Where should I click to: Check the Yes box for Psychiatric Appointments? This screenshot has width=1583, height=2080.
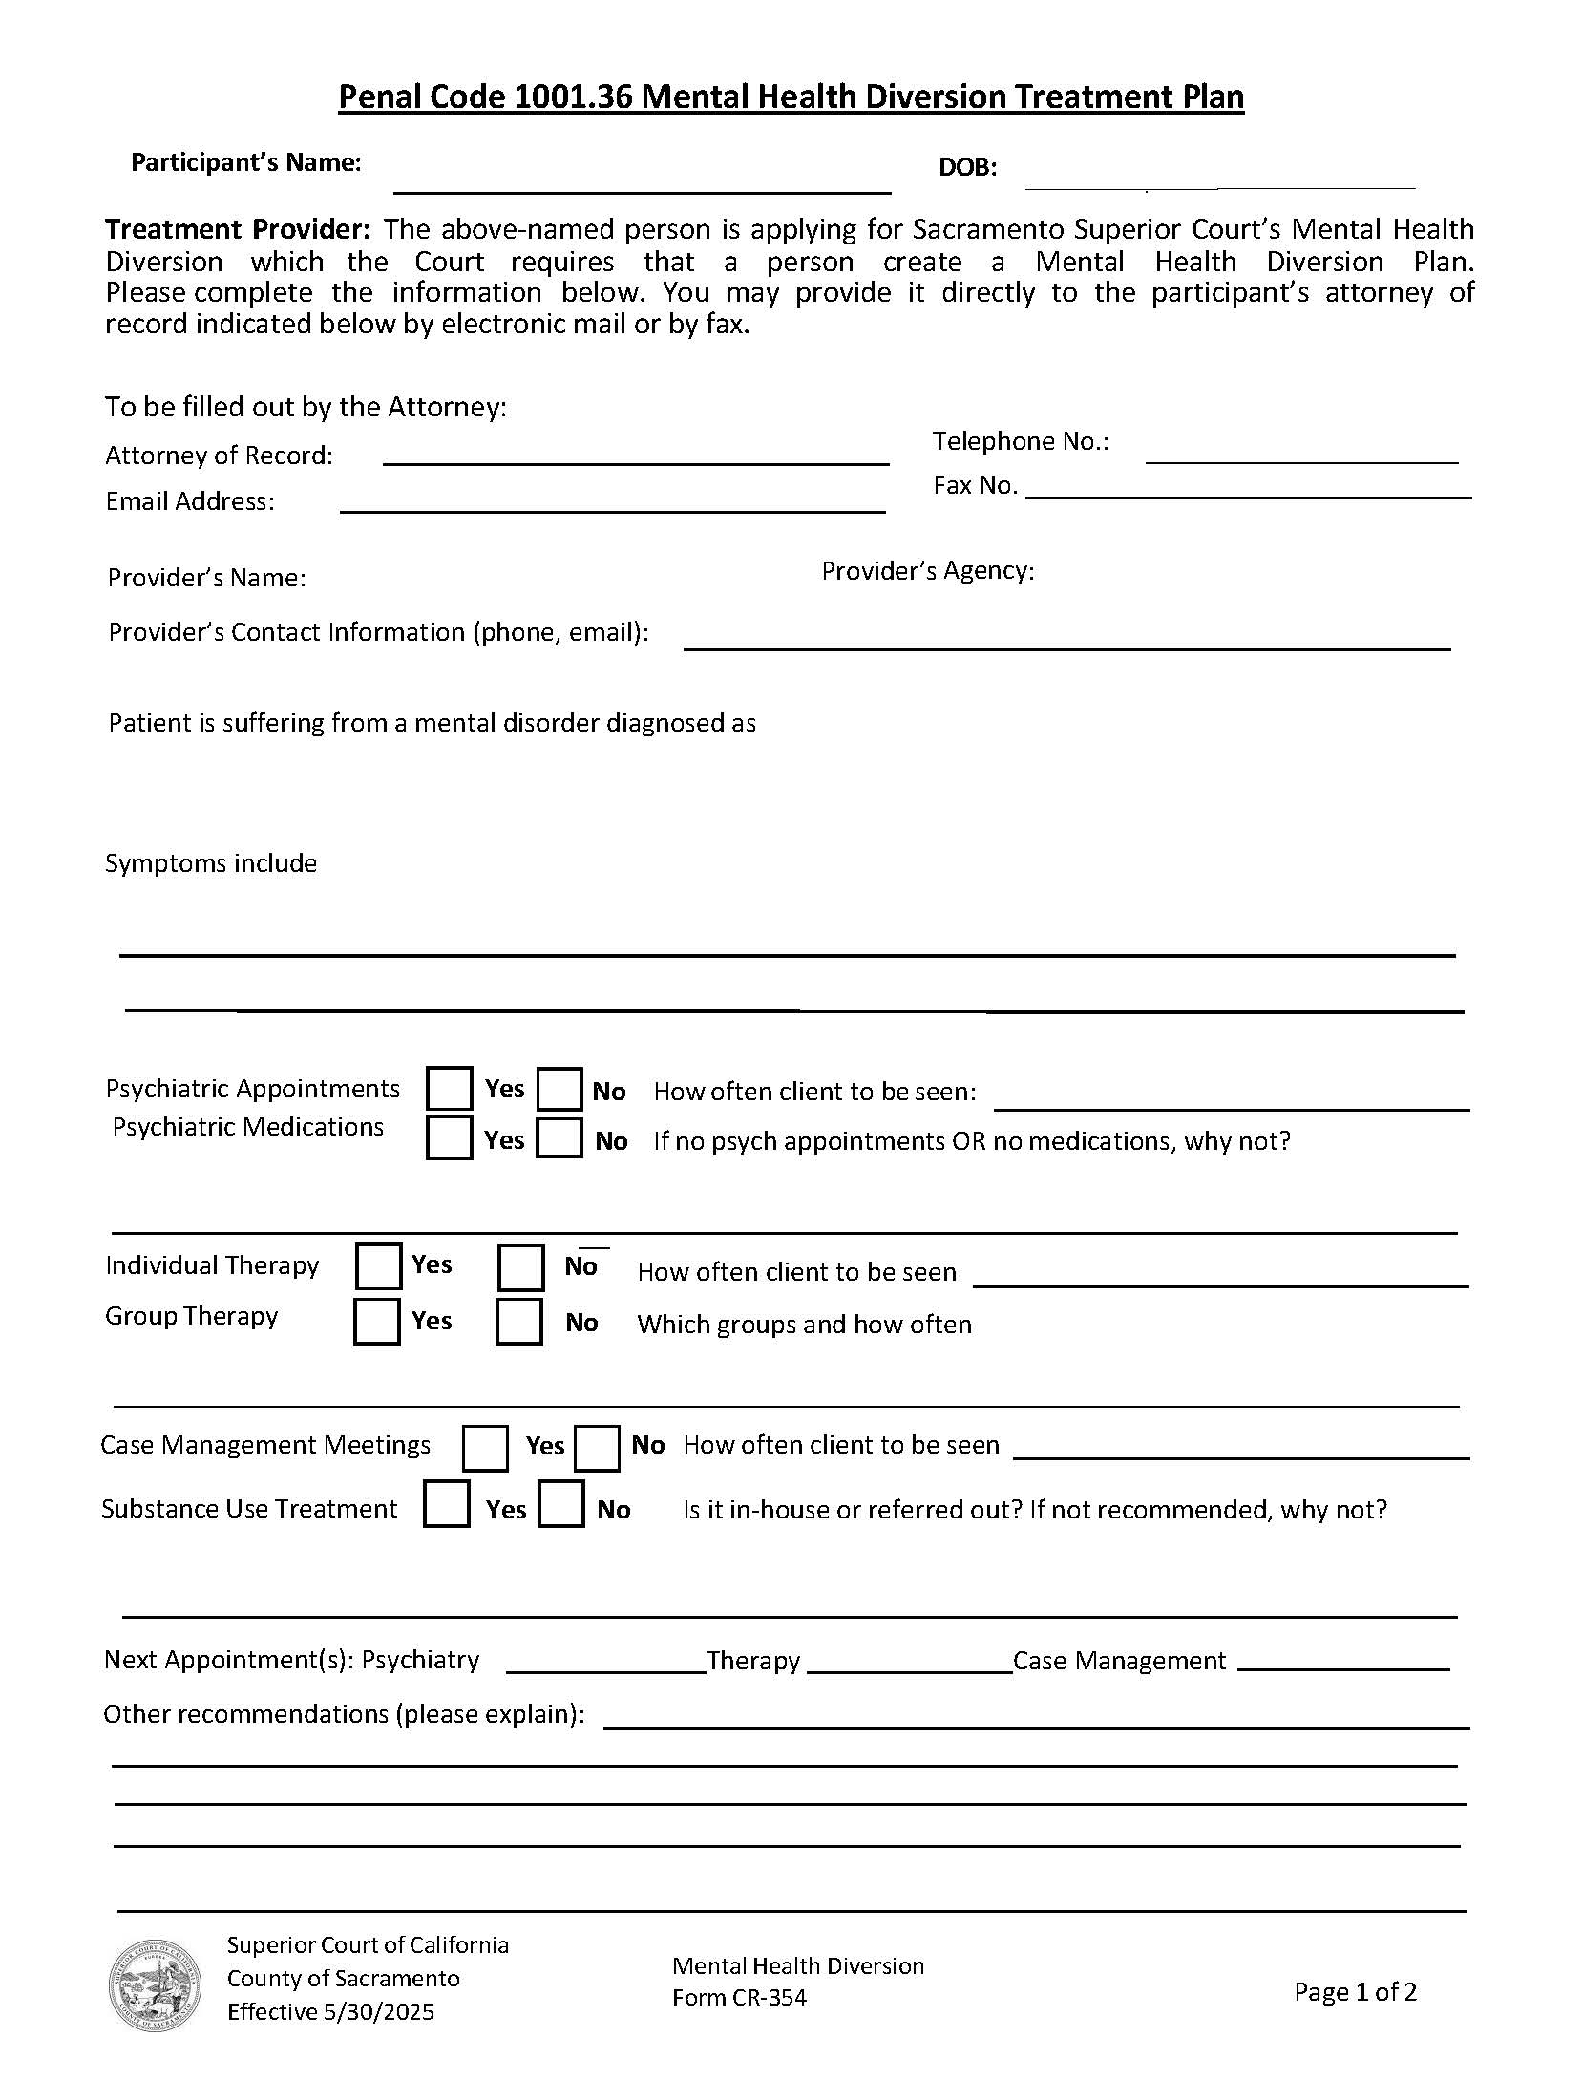click(x=449, y=1089)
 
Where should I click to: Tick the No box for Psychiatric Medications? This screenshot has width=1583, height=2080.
click(x=559, y=1137)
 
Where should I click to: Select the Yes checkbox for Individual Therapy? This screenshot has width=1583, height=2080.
click(x=378, y=1266)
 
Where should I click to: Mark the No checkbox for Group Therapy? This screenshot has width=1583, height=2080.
click(x=519, y=1322)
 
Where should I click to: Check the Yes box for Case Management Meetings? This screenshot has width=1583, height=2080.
click(x=485, y=1448)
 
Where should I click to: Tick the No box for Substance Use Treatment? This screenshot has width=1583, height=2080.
click(x=561, y=1504)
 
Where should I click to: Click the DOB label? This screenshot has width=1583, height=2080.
click(x=967, y=168)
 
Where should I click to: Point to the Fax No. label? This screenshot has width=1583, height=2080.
click(x=975, y=485)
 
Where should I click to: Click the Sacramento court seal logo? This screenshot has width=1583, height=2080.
click(x=155, y=1985)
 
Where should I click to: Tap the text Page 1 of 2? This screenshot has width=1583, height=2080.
click(x=1355, y=1991)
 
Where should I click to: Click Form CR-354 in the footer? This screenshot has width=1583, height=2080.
click(x=739, y=1997)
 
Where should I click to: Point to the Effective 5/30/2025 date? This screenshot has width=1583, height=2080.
click(x=330, y=2011)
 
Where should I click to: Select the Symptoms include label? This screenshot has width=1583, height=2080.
click(x=211, y=863)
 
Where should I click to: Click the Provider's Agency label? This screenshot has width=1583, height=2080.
click(x=927, y=571)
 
